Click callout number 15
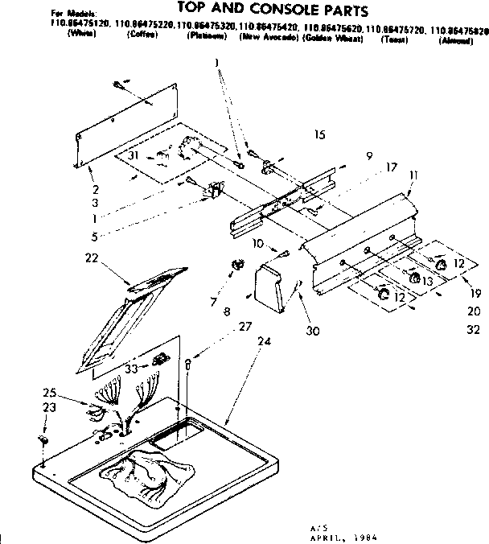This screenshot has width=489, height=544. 320,135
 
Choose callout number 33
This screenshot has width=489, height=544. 130,369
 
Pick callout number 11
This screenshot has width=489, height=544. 413,174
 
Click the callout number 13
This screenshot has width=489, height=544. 427,281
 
